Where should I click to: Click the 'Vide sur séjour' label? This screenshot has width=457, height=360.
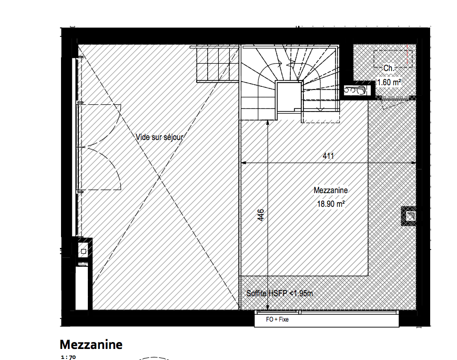tap(159, 137)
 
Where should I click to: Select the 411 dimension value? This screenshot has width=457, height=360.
tap(328, 156)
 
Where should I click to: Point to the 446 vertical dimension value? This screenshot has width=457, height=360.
tap(261, 215)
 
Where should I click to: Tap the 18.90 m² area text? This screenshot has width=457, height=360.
tap(331, 204)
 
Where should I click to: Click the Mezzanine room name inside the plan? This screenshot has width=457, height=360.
tap(331, 190)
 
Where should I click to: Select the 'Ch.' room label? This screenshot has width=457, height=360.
tap(389, 68)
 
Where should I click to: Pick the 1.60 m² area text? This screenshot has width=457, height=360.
tap(389, 82)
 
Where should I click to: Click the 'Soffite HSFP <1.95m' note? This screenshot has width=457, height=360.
tap(279, 293)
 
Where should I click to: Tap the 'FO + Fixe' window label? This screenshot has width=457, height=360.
tap(277, 319)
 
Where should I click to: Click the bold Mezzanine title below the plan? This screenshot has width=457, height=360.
tap(91, 345)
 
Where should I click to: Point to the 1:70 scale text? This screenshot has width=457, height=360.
tap(68, 357)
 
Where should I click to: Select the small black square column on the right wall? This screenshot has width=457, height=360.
tap(409, 216)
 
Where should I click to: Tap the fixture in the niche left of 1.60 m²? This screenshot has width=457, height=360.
tap(354, 89)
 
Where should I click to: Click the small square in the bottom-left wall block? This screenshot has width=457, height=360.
tap(84, 251)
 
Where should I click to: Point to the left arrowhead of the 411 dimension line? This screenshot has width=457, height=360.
tap(243, 163)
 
